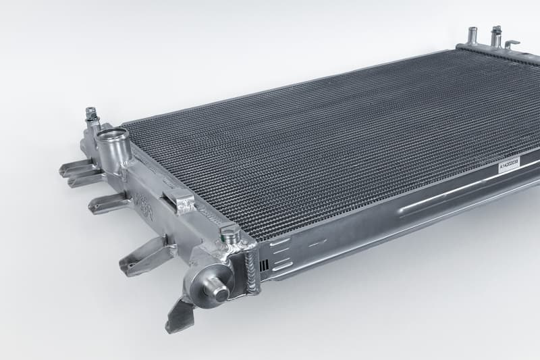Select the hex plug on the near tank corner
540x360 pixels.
click(230, 236)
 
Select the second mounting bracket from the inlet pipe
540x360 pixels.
click(108, 203)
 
